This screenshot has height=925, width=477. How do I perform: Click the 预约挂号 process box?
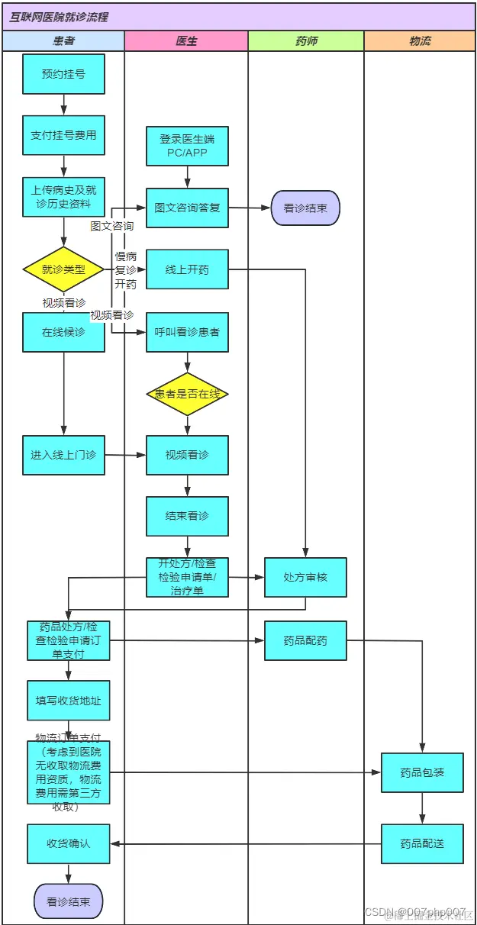[x=63, y=74]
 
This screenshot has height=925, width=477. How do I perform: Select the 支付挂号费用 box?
[x=63, y=135]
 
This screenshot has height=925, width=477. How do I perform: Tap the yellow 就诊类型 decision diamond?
[x=63, y=269]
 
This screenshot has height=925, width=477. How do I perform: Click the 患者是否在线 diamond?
[x=187, y=394]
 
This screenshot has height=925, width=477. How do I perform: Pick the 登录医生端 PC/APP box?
[x=187, y=146]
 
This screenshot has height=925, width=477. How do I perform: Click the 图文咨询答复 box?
[x=187, y=208]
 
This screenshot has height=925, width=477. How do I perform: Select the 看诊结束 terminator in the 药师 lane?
[x=305, y=208]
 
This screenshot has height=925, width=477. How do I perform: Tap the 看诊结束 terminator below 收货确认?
[x=68, y=901]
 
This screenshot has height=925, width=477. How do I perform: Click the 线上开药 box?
[x=187, y=269]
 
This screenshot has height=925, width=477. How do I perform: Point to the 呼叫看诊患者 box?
[x=187, y=332]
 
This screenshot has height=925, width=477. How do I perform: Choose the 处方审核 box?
[x=305, y=577]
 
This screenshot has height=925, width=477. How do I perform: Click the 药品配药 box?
[x=305, y=640]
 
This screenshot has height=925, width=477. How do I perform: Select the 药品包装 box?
[x=422, y=772]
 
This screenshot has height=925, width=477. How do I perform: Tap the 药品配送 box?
[x=422, y=843]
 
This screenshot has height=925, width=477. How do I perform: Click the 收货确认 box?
[x=69, y=843]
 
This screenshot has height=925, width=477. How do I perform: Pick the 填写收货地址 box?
[x=69, y=701]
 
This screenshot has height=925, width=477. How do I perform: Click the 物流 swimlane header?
[x=420, y=41]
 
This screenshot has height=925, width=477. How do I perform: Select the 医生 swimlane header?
[x=186, y=41]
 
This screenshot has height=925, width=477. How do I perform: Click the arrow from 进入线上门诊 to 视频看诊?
[x=125, y=456]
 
